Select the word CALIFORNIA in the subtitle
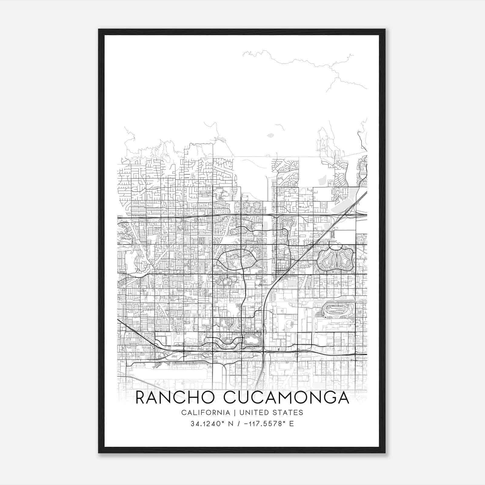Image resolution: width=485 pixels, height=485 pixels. tap(205, 413)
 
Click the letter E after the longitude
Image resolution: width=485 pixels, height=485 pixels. tap(292, 424)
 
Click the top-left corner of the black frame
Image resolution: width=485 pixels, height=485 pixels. tap(99, 30)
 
